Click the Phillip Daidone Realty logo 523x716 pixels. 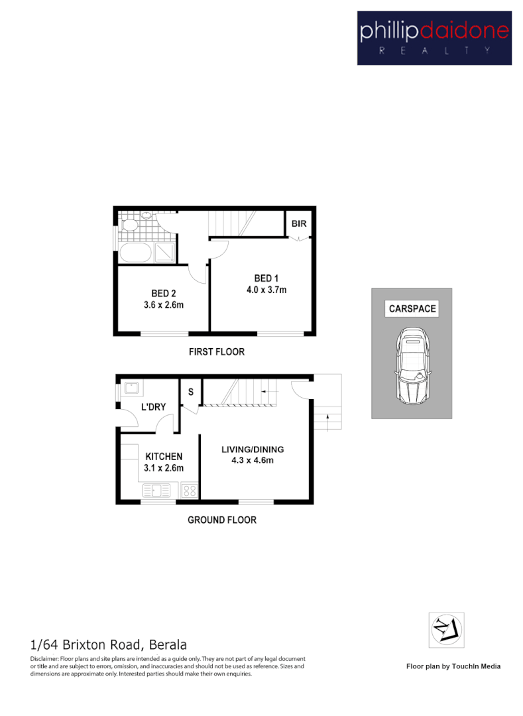[434, 37]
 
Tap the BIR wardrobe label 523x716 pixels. [299, 224]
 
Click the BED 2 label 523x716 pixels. [163, 293]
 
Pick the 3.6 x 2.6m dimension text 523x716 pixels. [163, 305]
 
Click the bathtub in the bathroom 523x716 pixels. [135, 253]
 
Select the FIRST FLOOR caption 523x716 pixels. [216, 351]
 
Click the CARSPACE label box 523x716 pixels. [412, 308]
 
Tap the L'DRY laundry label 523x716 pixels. [153, 407]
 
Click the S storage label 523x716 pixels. [190, 391]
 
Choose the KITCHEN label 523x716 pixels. [164, 456]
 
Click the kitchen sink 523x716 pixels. [156, 491]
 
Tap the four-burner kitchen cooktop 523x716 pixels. [190, 491]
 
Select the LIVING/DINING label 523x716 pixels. [253, 449]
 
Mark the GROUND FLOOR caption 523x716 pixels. [221, 520]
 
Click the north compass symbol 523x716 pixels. [446, 630]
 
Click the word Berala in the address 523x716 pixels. [168, 644]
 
